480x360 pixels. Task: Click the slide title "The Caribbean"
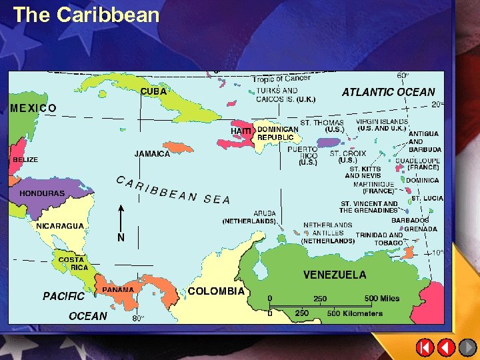[86, 15]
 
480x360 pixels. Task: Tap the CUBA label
[153, 91]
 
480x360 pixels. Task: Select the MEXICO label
[33, 107]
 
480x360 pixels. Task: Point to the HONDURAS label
[42, 193]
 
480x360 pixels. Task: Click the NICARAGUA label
[60, 225]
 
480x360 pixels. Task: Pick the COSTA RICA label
[71, 263]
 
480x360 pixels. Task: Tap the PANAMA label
[118, 290]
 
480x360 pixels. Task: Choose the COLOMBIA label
[216, 291]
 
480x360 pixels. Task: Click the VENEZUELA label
[334, 275]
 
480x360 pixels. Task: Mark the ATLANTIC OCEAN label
[388, 92]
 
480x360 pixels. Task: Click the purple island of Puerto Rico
[328, 143]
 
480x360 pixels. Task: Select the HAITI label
[241, 132]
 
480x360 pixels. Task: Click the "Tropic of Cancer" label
[281, 79]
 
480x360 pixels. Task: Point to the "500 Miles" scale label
[381, 298]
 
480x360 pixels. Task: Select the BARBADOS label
[410, 220]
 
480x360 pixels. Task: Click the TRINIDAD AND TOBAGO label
[379, 239]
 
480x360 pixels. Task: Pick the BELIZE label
[25, 160]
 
